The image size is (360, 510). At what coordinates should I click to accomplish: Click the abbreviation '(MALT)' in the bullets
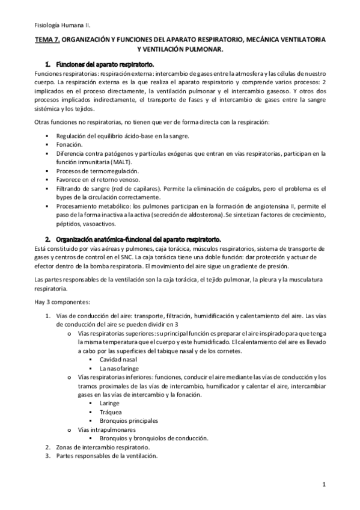coord(121,162)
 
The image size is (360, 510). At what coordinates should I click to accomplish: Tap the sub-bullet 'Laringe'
coord(110,403)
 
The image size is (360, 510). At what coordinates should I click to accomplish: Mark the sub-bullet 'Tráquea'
coord(111,412)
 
